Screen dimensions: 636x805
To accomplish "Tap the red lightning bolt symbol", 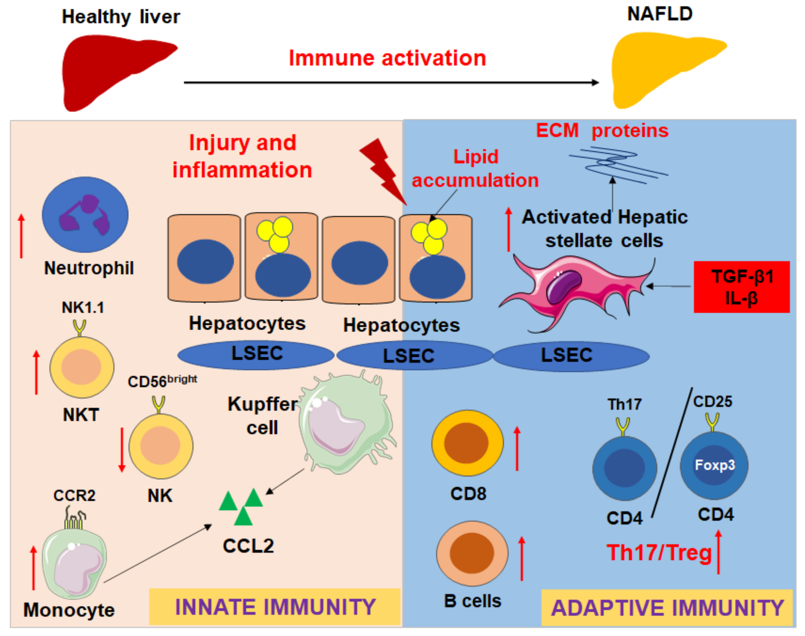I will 384,171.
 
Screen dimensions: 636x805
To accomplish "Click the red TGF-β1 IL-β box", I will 741,287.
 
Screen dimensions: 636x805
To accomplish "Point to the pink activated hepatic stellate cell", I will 581,287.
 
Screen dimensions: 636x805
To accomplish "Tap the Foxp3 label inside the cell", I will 715,465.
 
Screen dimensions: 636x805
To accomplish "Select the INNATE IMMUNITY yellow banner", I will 275,607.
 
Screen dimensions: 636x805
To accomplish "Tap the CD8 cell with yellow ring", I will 468,443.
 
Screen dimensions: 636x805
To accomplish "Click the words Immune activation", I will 387,59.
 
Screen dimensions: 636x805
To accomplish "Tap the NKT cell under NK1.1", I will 82,367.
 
